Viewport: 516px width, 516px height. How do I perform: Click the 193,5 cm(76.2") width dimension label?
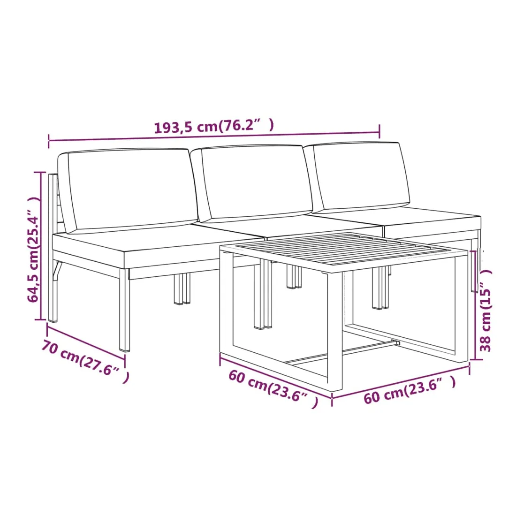point(214,126)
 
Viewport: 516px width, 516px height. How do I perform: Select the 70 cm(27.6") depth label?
point(85,362)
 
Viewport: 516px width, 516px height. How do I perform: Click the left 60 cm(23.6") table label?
point(273,388)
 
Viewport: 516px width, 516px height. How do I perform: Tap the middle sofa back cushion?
point(252,182)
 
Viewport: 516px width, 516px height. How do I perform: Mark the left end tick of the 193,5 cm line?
point(49,141)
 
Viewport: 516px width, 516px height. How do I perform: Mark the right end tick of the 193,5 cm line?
point(379,132)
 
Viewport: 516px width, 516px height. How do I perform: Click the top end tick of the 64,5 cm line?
point(40,172)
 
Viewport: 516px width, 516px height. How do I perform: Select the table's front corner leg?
point(335,333)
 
